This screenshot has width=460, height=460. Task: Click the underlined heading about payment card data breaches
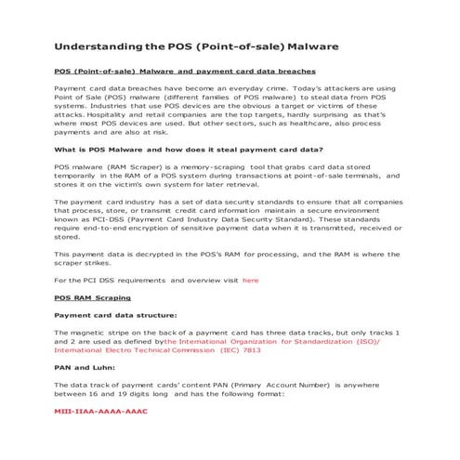185,71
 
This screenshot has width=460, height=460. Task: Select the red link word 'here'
250,280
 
